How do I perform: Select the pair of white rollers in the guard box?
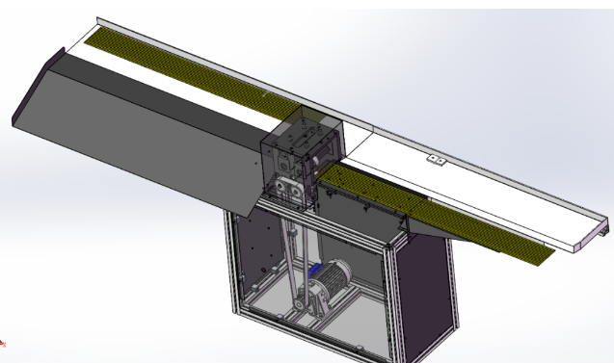tap(288, 186)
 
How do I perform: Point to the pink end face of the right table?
tap(603, 231)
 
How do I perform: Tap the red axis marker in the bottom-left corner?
tap(3, 342)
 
